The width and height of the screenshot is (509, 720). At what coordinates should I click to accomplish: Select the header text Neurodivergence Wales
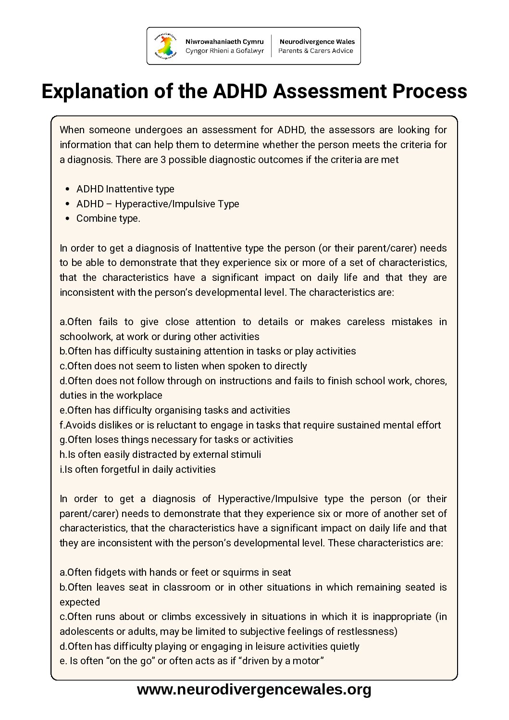(317, 42)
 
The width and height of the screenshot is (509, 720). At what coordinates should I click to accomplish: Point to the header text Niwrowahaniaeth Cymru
(224, 42)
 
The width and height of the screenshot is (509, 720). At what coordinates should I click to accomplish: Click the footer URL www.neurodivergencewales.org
(254, 690)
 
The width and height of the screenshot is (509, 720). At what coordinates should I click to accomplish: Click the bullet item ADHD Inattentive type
(125, 189)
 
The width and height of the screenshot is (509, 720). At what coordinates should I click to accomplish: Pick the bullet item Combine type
(108, 218)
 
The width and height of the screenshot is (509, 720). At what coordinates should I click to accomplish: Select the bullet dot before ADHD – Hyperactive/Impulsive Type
(67, 204)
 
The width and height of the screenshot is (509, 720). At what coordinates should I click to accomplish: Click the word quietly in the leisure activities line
(342, 646)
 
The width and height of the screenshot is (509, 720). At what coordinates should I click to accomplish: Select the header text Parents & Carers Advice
(316, 51)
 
